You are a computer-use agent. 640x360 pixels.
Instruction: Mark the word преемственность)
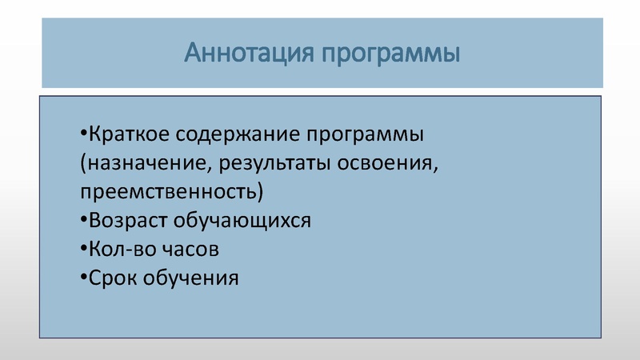[x=170, y=192]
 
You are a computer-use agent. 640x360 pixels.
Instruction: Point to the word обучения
[x=192, y=279]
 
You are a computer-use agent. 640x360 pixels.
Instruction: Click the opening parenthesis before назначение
[x=82, y=163]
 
